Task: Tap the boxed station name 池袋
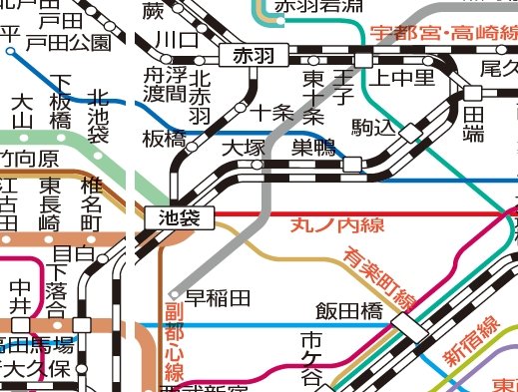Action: (173, 215)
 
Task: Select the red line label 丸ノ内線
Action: (337, 225)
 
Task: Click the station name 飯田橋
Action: (349, 310)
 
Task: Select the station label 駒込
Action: (373, 128)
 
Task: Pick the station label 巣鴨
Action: (313, 149)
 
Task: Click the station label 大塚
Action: (243, 149)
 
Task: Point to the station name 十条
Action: (271, 112)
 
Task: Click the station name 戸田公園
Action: (68, 42)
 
